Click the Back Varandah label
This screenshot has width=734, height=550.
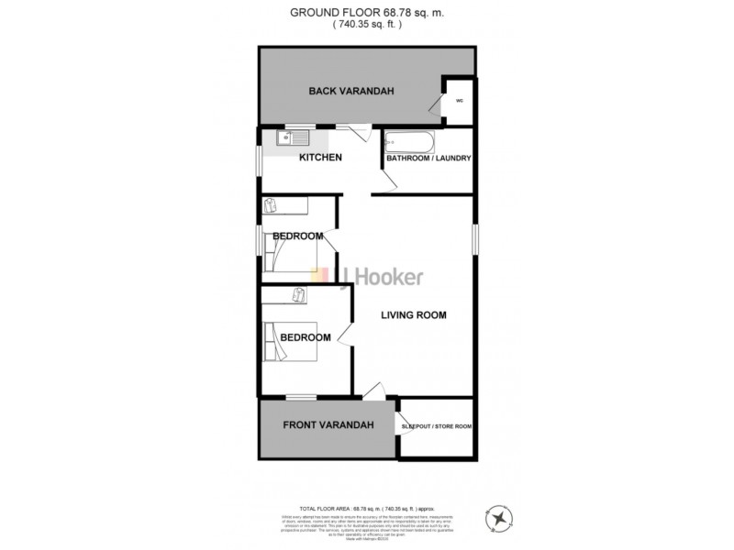tap(339, 91)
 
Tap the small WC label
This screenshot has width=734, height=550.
tap(459, 100)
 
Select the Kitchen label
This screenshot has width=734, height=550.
tap(321, 158)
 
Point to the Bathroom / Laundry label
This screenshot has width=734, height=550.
tap(428, 159)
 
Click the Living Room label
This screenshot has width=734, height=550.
tap(414, 315)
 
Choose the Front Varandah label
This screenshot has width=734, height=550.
tap(328, 425)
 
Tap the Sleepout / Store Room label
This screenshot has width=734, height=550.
tap(437, 426)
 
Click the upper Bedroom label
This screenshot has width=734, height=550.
tap(297, 236)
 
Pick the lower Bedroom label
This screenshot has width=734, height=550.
tap(305, 337)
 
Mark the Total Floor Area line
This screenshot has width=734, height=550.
tap(366, 507)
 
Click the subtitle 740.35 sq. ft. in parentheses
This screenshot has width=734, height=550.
tap(366, 26)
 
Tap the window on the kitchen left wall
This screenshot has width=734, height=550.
tap(259, 159)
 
